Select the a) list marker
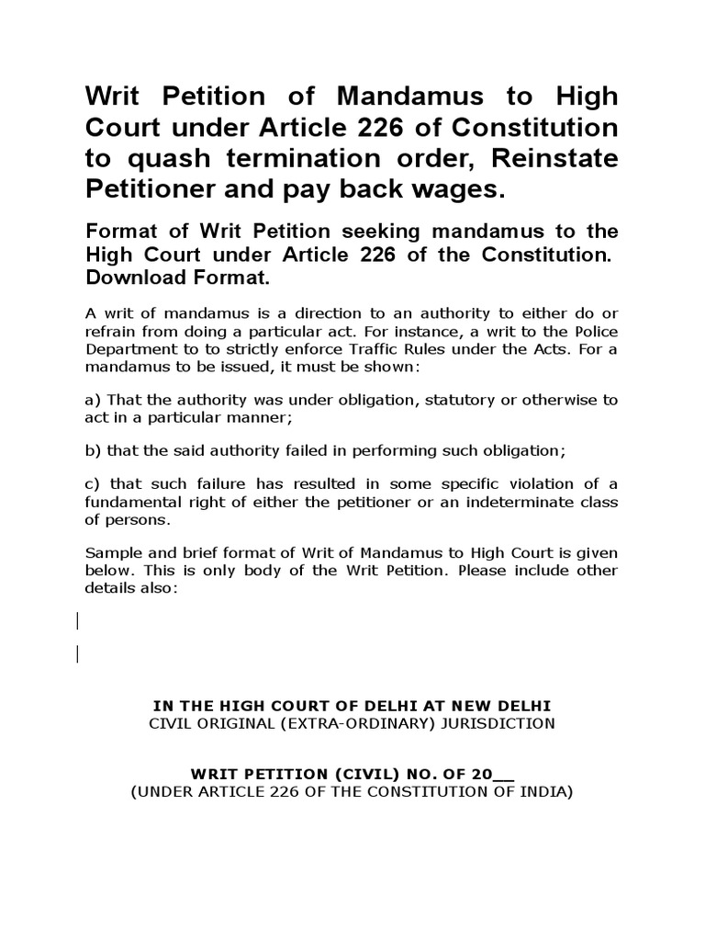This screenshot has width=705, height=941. point(93,400)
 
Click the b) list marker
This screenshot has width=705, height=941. point(93,451)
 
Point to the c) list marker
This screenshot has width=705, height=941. point(93,484)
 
